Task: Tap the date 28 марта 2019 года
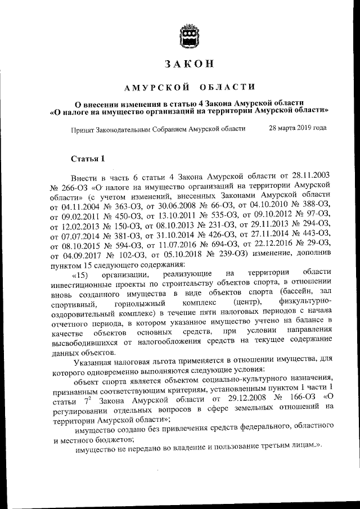298,128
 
